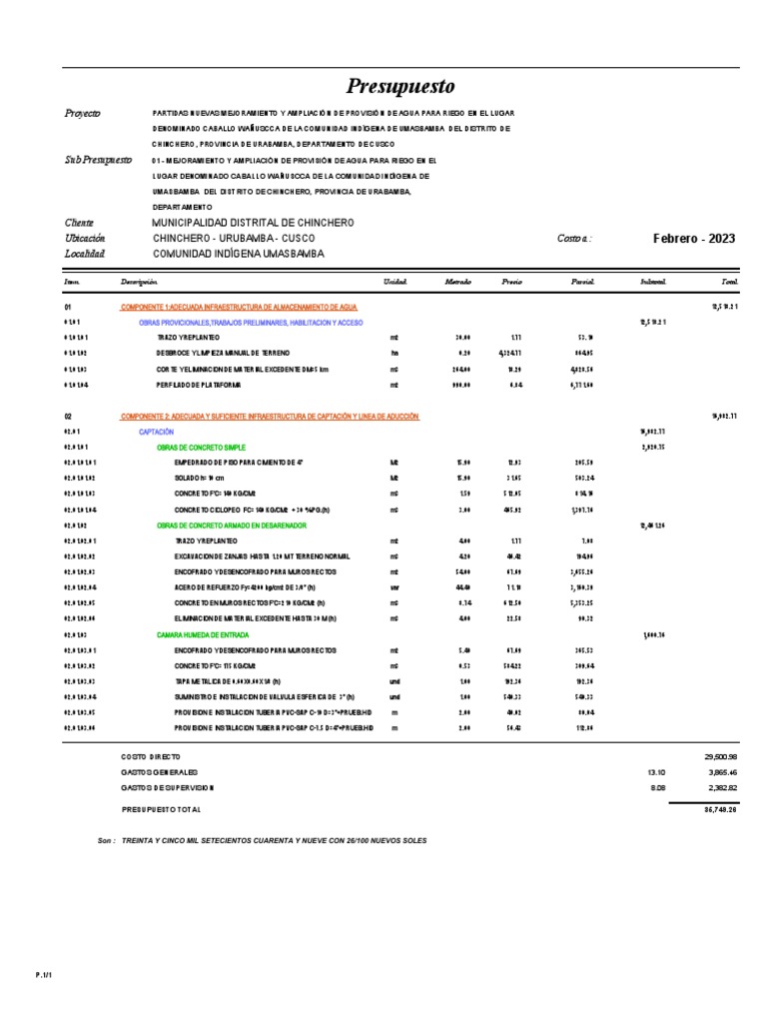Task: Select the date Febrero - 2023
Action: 693,238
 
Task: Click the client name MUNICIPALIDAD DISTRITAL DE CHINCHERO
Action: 252,222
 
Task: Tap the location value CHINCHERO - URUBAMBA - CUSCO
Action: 233,238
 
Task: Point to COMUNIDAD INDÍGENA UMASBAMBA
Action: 238,254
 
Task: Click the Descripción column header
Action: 140,282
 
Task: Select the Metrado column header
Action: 457,282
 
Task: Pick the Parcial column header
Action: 582,282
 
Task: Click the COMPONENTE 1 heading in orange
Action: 239,308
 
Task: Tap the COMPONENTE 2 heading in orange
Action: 270,415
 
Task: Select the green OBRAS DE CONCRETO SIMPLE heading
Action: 201,448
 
